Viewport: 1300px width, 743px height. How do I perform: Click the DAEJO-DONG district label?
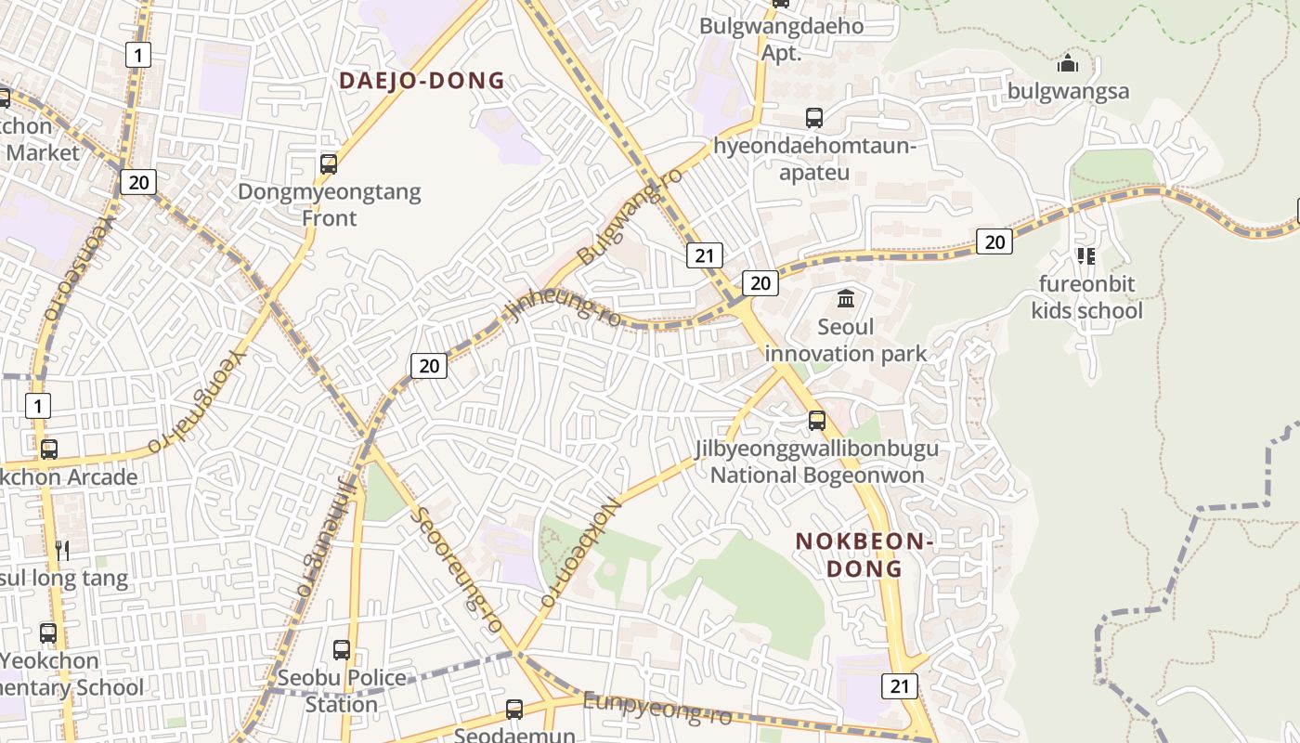422,81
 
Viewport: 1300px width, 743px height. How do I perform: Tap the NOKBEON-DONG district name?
864,554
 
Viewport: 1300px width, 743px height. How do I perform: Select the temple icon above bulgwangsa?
1068,63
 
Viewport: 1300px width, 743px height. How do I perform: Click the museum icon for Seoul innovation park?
846,299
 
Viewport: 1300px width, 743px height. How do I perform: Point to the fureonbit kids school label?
1086,297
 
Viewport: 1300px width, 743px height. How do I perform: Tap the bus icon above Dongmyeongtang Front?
329,164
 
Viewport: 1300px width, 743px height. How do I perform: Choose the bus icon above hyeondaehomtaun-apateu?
814,118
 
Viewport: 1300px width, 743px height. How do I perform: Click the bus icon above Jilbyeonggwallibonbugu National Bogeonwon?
817,421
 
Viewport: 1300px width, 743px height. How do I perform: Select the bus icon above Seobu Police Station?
342,650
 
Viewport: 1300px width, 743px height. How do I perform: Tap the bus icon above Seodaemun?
514,710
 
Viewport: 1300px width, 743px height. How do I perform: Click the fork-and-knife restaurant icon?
62,551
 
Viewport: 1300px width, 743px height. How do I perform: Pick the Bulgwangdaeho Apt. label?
781,39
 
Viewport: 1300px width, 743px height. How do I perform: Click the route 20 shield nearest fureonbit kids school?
994,242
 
